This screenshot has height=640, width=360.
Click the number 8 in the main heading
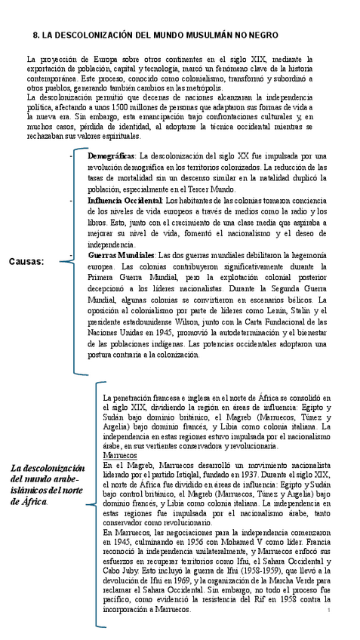(37, 35)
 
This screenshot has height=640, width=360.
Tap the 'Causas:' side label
(26, 261)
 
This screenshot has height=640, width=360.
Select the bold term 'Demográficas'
(112, 155)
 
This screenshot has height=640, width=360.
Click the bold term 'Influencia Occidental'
(125, 201)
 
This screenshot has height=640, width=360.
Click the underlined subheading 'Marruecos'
(119, 456)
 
